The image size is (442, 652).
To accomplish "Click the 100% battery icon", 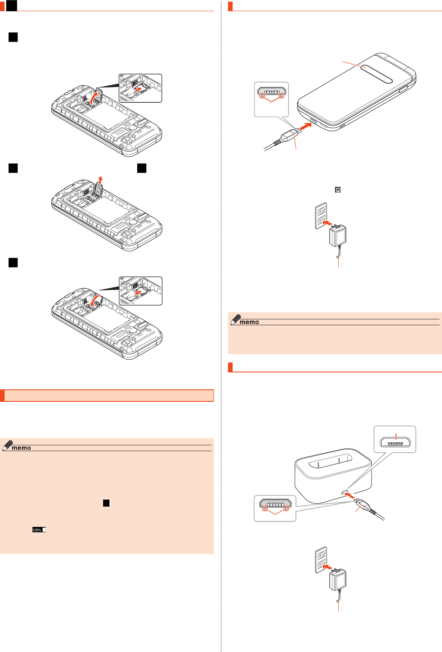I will pyautogui.click(x=39, y=530).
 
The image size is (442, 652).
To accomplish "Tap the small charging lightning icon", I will pyautogui.click(x=338, y=190).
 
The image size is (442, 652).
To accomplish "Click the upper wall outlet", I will pyautogui.click(x=321, y=215).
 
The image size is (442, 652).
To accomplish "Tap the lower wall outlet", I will pyautogui.click(x=321, y=560).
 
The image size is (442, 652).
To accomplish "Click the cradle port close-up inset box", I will pyautogui.click(x=395, y=439).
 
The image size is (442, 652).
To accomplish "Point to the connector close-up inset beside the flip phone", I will pyautogui.click(x=271, y=99).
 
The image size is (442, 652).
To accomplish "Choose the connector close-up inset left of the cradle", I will pyautogui.click(x=275, y=508).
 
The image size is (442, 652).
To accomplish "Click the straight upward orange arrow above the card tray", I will pyautogui.click(x=100, y=180).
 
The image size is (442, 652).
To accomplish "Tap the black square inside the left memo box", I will pyautogui.click(x=106, y=503).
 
